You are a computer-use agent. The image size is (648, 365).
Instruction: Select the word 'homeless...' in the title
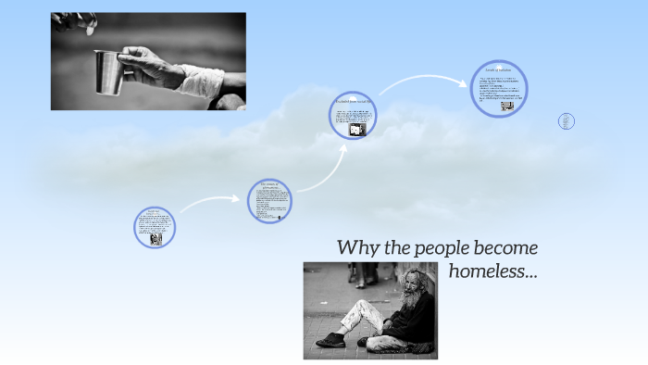coord(492,271)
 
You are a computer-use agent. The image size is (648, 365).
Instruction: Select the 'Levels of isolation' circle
coord(499,89)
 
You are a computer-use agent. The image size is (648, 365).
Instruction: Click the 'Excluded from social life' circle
coord(353,119)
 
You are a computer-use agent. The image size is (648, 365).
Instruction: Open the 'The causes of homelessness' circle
coord(270,201)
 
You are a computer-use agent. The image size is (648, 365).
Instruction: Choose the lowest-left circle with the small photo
coord(155,227)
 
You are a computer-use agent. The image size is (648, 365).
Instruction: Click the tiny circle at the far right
coord(567,121)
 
